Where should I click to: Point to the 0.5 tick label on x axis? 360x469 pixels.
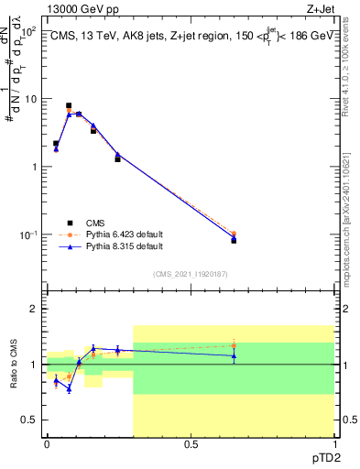coord(191,444)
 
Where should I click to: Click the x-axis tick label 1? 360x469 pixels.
coord(333,444)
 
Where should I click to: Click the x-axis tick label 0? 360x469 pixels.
coord(47,444)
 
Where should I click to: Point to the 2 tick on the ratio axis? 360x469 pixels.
coord(35,309)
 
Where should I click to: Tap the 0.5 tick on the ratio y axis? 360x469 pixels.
coord(31,420)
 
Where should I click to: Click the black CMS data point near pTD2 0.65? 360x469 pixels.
coord(234,240)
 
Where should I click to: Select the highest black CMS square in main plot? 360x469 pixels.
coord(69,106)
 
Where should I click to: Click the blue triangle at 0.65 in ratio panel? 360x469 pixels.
coord(234,355)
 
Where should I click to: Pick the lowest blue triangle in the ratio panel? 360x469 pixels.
coord(69,388)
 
